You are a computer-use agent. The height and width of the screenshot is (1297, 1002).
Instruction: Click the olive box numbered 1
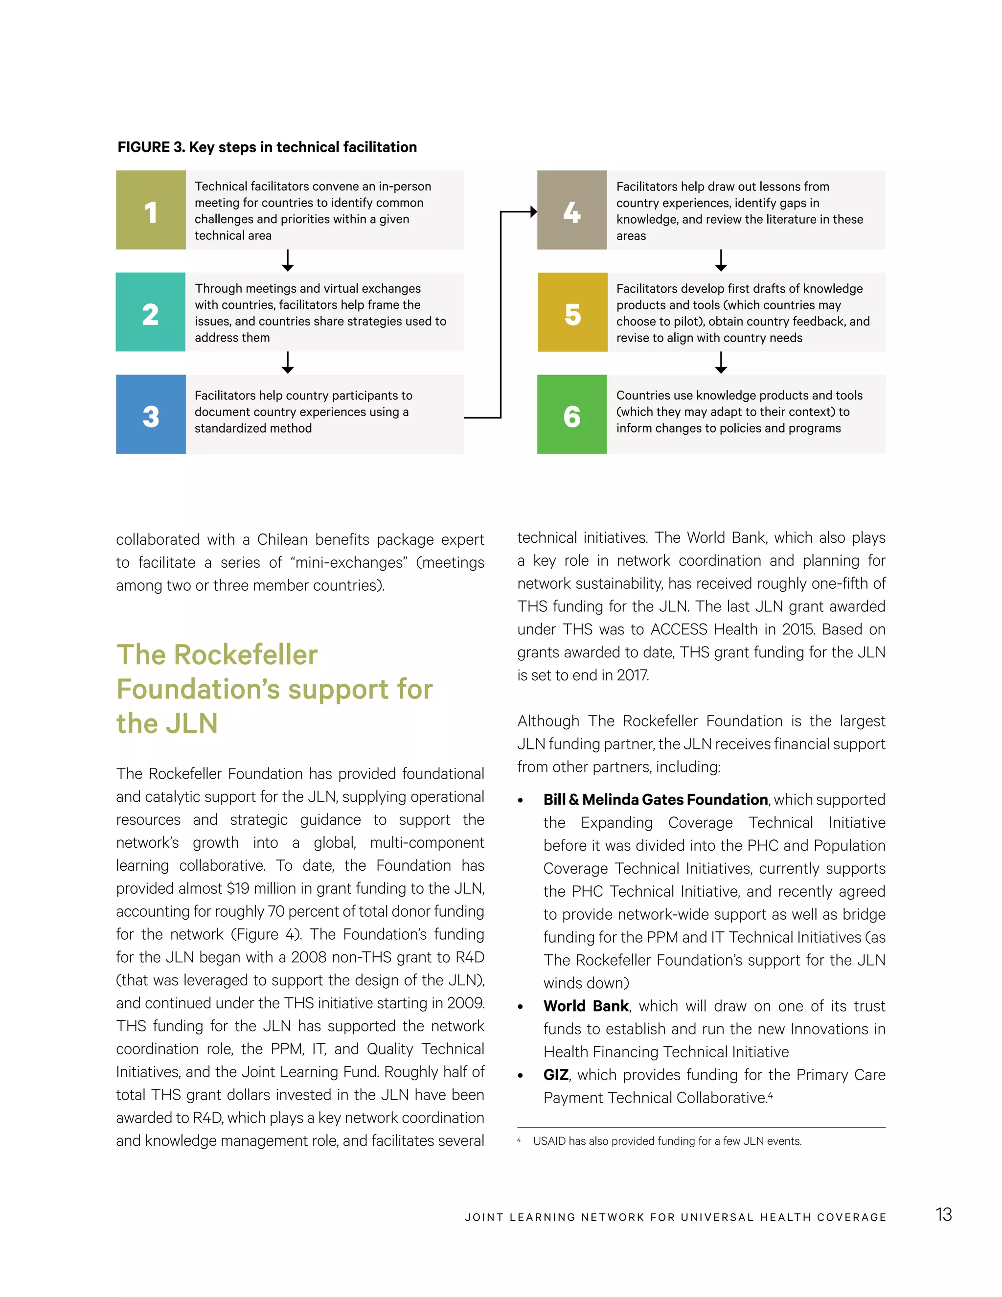151,210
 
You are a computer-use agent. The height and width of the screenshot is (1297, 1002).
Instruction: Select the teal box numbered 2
151,312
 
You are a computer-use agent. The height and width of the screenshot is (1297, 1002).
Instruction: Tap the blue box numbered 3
151,415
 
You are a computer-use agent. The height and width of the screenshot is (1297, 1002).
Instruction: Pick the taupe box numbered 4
571,210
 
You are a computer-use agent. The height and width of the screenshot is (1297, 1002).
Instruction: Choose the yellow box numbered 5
572,312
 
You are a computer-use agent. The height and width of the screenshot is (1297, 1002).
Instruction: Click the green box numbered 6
571,415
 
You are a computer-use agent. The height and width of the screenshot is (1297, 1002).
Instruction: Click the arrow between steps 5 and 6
721,362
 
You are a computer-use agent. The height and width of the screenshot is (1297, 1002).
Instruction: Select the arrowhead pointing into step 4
533,211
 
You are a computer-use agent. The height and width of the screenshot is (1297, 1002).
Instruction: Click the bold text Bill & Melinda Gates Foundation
655,799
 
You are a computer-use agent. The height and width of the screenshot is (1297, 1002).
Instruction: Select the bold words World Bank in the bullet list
585,1006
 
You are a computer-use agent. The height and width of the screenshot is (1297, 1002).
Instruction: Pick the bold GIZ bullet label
556,1075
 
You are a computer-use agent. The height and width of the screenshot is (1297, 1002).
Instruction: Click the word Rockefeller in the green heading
245,655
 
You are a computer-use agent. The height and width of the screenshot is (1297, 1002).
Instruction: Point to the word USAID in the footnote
549,1141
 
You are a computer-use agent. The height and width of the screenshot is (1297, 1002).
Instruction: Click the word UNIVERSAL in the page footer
717,1217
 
